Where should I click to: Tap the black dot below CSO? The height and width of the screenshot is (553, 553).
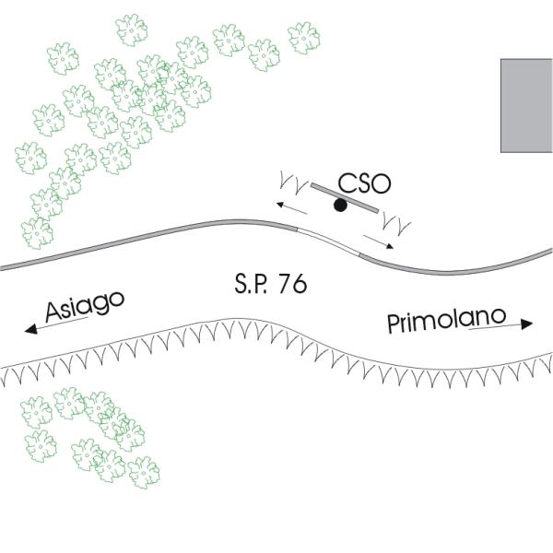340,206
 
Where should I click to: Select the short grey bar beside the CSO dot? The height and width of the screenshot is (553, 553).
344,197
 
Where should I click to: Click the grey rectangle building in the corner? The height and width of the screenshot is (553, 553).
526,105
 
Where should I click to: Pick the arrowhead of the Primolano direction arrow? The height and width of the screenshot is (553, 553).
527,324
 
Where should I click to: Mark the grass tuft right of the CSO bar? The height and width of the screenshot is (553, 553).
398,222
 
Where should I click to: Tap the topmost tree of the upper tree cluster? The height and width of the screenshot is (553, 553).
133,29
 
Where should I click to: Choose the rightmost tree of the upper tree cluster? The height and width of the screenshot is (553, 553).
303,38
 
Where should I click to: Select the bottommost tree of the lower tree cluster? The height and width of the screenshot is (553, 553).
144,472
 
